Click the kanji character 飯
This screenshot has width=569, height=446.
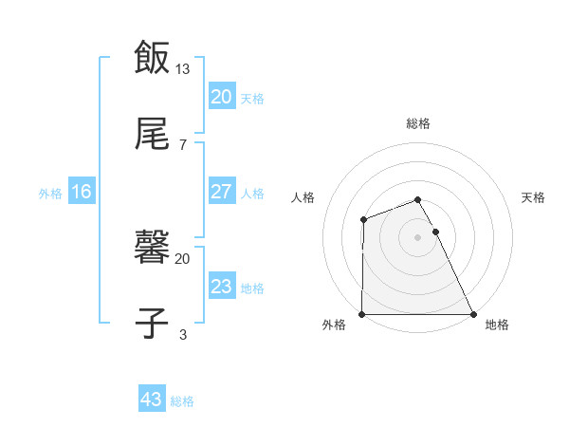tap(152, 57)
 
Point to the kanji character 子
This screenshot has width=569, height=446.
tap(152, 322)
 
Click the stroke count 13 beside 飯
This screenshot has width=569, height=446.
tap(183, 68)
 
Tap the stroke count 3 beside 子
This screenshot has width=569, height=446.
tap(183, 334)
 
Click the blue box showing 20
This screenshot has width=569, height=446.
tap(221, 97)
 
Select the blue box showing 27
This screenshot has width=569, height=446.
tap(221, 192)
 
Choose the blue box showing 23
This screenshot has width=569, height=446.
tap(221, 287)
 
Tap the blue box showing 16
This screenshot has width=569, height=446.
tap(82, 192)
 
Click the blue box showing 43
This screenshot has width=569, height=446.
tap(151, 400)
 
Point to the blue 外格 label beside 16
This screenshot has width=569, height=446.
tap(50, 194)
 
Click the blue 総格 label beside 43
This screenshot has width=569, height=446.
tap(182, 401)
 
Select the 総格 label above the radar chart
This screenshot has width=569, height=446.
tap(418, 123)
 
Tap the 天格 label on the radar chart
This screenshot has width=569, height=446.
tap(534, 197)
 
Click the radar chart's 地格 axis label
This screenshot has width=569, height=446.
tap(497, 325)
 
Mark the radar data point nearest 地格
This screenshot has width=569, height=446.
tap(473, 314)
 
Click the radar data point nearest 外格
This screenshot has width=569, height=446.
tap(362, 314)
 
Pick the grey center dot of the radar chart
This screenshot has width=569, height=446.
tap(418, 236)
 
